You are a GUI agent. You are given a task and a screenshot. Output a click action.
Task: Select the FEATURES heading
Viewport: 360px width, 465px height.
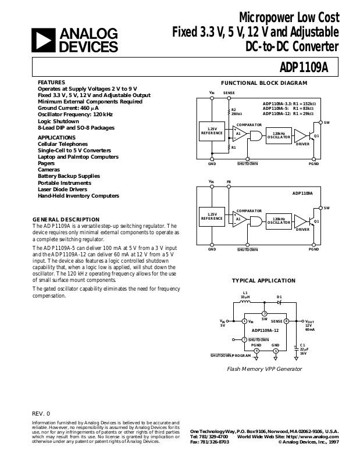(51, 82)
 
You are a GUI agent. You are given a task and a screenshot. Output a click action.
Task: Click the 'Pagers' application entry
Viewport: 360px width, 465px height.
(47, 163)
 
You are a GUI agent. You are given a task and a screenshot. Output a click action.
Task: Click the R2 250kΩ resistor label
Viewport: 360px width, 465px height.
(234, 111)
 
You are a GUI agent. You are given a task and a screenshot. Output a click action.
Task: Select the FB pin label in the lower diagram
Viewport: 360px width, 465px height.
(229, 182)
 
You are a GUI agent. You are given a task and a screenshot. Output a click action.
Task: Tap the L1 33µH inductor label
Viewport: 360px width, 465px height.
(245, 294)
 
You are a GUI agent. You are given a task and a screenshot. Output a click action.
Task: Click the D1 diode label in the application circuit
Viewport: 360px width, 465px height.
(279, 296)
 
